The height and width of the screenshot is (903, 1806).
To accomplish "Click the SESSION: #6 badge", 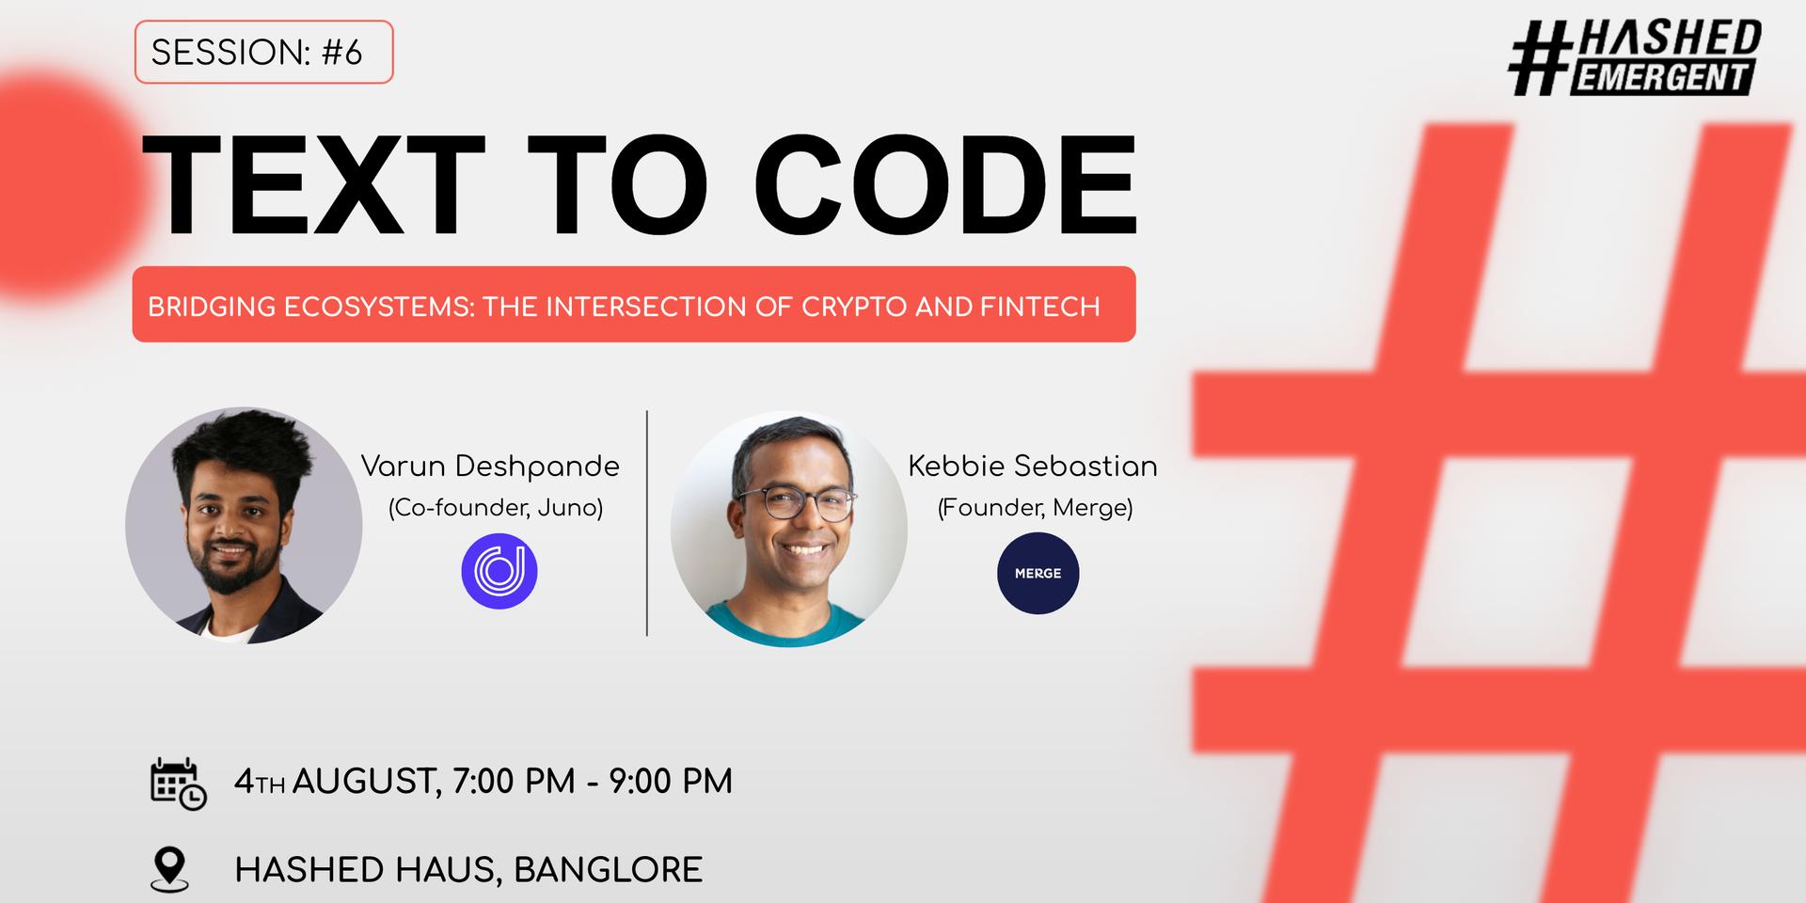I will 263,53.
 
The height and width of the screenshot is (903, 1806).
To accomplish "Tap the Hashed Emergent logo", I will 1635,58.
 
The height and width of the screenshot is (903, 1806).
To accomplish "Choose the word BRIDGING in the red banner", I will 212,307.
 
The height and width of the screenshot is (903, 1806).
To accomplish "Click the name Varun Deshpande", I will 490,467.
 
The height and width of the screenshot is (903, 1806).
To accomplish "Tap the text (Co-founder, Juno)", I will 496,508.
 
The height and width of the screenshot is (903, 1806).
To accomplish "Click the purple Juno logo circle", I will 499,571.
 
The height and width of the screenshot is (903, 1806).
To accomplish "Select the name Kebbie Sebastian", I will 1033,467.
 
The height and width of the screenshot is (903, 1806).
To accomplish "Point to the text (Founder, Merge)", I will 1035,508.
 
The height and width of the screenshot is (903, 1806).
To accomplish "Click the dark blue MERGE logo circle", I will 1038,573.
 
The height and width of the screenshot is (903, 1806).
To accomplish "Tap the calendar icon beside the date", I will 178,783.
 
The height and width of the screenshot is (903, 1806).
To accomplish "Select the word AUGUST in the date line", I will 363,782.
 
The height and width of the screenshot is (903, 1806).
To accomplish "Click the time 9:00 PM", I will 670,782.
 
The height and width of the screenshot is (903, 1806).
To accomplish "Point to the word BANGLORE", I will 608,870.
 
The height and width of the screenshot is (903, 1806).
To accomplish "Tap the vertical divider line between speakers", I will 647,523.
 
